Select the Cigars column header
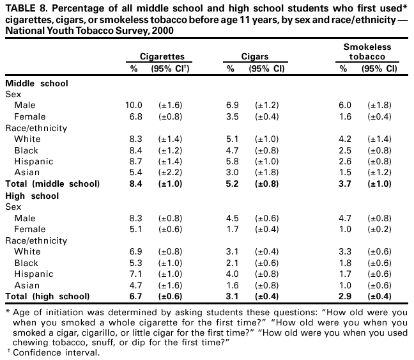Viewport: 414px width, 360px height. click(x=254, y=57)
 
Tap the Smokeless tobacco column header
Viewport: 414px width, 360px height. click(x=366, y=52)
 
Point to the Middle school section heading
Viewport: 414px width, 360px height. click(x=36, y=83)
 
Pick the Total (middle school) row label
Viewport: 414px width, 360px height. click(x=52, y=184)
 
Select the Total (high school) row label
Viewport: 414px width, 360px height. click(x=47, y=297)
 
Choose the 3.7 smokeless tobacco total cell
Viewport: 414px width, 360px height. click(x=346, y=184)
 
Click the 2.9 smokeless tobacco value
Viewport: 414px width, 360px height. click(x=346, y=297)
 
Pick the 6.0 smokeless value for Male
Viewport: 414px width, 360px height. click(x=346, y=105)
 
